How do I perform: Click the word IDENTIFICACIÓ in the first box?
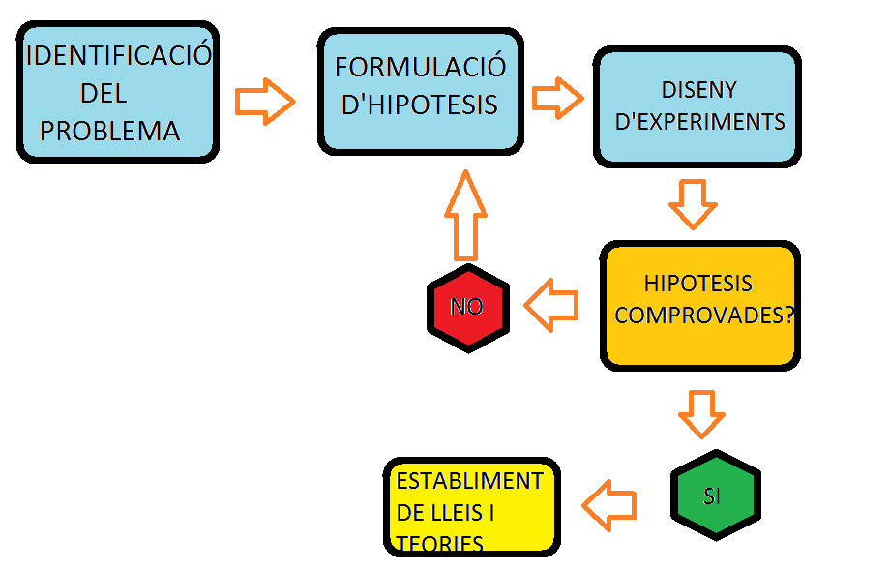[x=118, y=55]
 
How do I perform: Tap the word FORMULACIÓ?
[x=421, y=67]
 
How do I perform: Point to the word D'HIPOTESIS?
[x=421, y=104]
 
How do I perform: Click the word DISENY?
[x=699, y=90]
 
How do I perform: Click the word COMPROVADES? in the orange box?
[x=704, y=316]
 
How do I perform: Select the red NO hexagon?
[x=468, y=308]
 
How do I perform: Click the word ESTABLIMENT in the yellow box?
[x=470, y=481]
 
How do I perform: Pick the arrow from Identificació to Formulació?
[x=265, y=101]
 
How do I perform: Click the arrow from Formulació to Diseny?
[x=558, y=98]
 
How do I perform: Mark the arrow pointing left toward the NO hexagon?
[x=550, y=306]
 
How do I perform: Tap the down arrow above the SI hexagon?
[x=701, y=414]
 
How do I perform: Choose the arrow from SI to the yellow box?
[x=608, y=505]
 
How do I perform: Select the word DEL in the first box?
[x=104, y=94]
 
